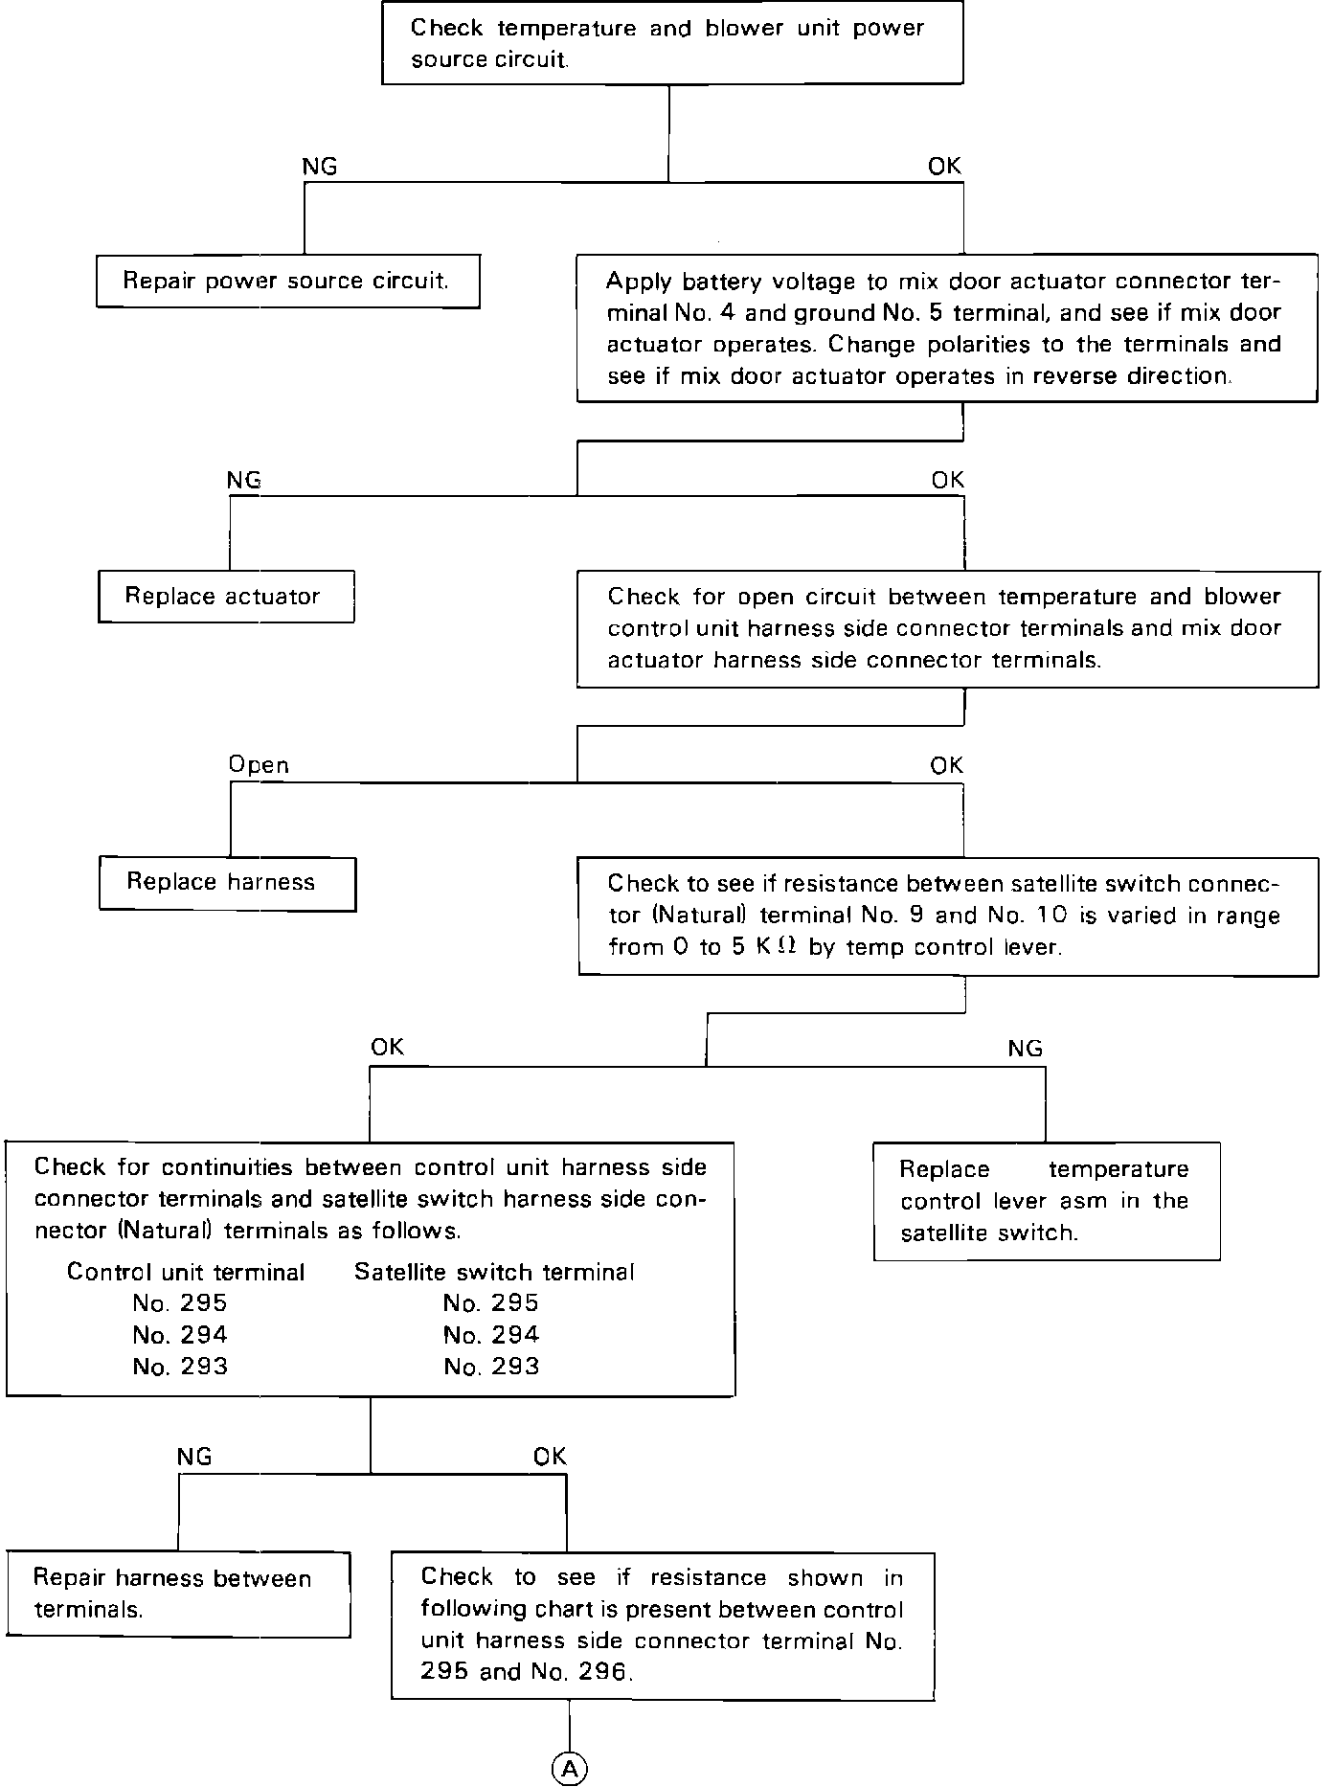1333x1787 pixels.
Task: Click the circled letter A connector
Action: tap(569, 1770)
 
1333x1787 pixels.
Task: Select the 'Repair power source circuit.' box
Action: tap(287, 281)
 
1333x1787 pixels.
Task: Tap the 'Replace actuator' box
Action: tap(226, 597)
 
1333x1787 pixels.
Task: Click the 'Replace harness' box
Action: tap(227, 883)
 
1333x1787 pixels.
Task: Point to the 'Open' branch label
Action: tap(259, 765)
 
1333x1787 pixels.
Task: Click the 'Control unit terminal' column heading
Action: tap(186, 1272)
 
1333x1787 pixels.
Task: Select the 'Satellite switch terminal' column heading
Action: tap(494, 1272)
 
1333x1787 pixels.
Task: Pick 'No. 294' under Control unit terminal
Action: tap(180, 1335)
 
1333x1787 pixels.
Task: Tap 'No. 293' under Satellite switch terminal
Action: tap(491, 1367)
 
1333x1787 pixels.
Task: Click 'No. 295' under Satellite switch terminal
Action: tap(491, 1303)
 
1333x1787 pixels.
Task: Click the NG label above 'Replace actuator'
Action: tap(244, 480)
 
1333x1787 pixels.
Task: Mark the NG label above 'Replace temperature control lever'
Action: tap(1025, 1049)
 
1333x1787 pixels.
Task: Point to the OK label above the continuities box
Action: tap(388, 1048)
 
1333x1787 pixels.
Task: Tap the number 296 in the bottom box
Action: tap(603, 1672)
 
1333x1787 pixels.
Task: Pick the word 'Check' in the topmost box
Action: tap(447, 28)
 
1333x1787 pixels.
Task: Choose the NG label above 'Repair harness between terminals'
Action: tap(194, 1457)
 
